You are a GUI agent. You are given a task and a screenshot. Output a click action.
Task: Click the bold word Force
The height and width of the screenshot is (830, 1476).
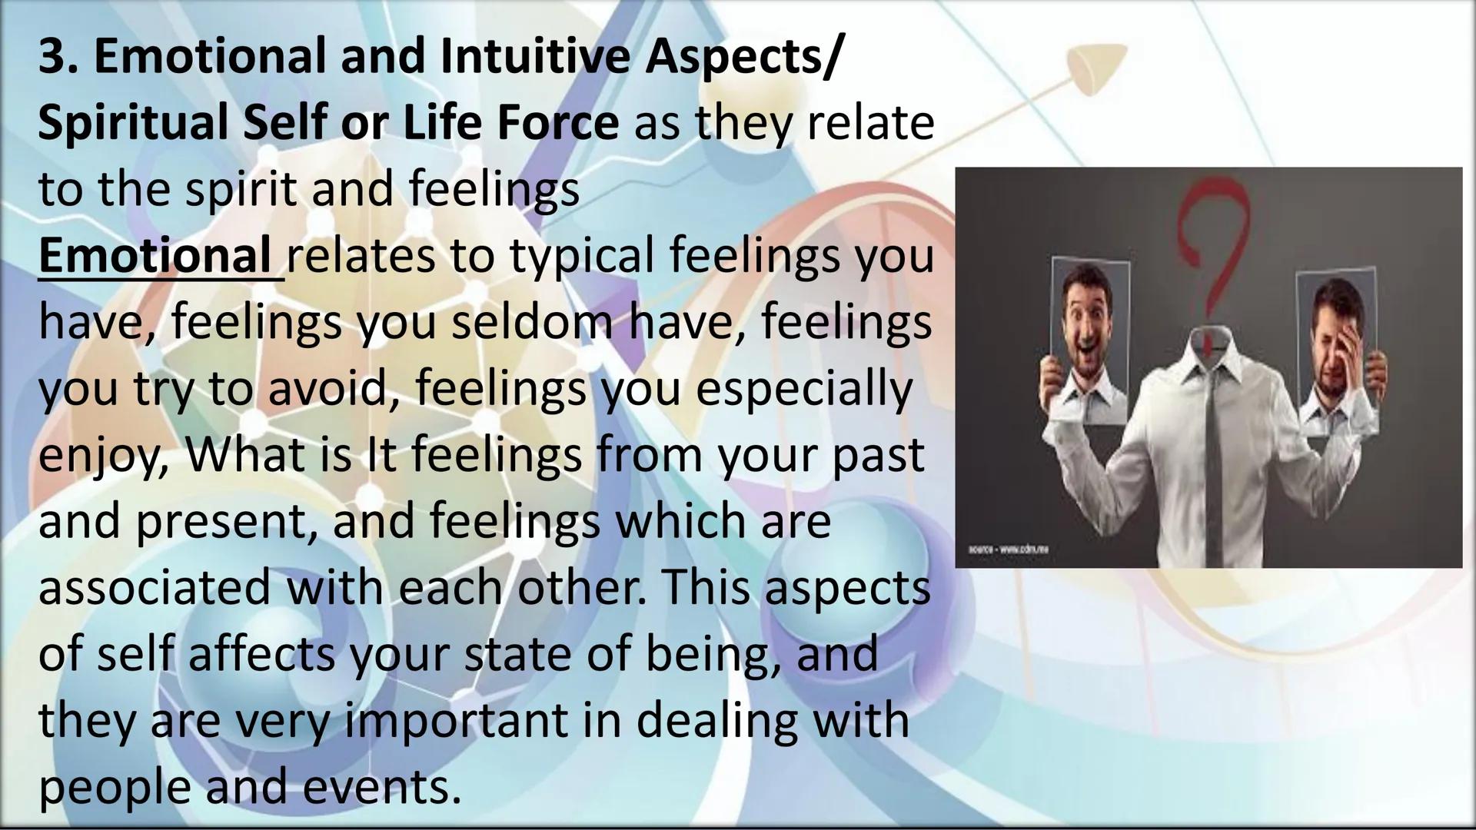point(557,124)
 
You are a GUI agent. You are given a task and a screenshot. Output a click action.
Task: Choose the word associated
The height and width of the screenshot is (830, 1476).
point(155,588)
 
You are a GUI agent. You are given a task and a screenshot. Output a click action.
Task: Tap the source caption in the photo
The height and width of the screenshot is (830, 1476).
point(1009,549)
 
